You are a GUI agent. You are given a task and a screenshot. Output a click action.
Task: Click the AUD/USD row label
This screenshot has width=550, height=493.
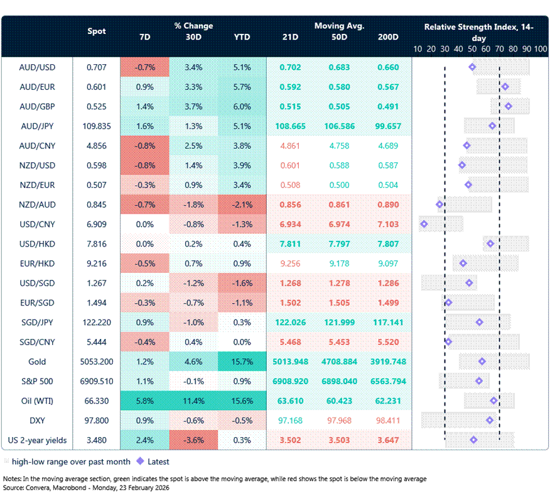click(x=36, y=67)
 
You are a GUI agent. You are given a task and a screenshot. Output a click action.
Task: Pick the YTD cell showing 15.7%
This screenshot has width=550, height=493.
click(x=242, y=362)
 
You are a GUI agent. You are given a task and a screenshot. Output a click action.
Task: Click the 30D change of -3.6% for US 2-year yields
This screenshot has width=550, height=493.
click(x=193, y=440)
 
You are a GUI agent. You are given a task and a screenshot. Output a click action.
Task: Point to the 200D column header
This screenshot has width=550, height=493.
click(x=388, y=37)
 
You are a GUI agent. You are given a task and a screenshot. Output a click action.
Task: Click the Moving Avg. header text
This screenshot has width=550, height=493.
click(x=339, y=26)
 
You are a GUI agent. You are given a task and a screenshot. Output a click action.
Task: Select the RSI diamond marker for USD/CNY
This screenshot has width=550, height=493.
click(x=424, y=224)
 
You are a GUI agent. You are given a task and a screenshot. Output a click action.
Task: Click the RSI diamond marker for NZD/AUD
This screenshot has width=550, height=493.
click(x=440, y=204)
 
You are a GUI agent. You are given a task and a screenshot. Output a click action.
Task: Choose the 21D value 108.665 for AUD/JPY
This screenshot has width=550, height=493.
click(x=290, y=126)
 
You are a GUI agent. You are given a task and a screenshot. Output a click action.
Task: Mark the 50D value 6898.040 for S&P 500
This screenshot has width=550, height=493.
click(x=339, y=381)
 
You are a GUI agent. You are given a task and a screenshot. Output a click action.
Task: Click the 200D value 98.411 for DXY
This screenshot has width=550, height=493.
click(x=388, y=420)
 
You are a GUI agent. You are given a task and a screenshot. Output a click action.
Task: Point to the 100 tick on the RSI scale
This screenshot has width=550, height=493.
click(x=540, y=48)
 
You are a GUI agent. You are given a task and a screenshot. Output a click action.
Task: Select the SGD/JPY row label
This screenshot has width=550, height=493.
click(x=36, y=322)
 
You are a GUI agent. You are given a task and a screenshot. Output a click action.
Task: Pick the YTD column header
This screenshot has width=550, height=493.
click(x=242, y=37)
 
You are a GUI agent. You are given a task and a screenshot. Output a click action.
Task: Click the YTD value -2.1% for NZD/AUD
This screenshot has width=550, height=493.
click(x=242, y=204)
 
